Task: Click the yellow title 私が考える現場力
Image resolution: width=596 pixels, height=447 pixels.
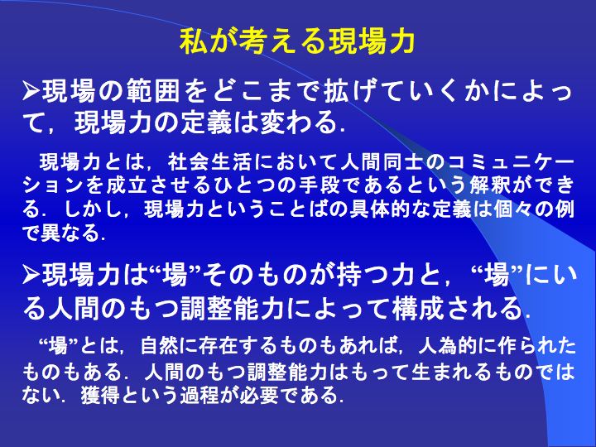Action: (297, 41)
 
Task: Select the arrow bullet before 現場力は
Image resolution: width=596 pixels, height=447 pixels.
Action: (31, 275)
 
